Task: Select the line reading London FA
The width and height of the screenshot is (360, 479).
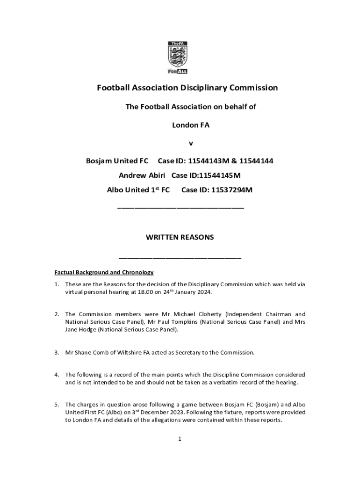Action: pyautogui.click(x=191, y=125)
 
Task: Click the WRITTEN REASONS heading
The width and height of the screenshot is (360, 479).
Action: pyautogui.click(x=180, y=237)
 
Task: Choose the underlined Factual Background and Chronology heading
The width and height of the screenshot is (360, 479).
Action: pyautogui.click(x=104, y=272)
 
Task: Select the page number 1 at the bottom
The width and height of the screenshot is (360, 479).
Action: pyautogui.click(x=180, y=439)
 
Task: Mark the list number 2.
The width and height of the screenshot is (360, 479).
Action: pyautogui.click(x=56, y=314)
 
